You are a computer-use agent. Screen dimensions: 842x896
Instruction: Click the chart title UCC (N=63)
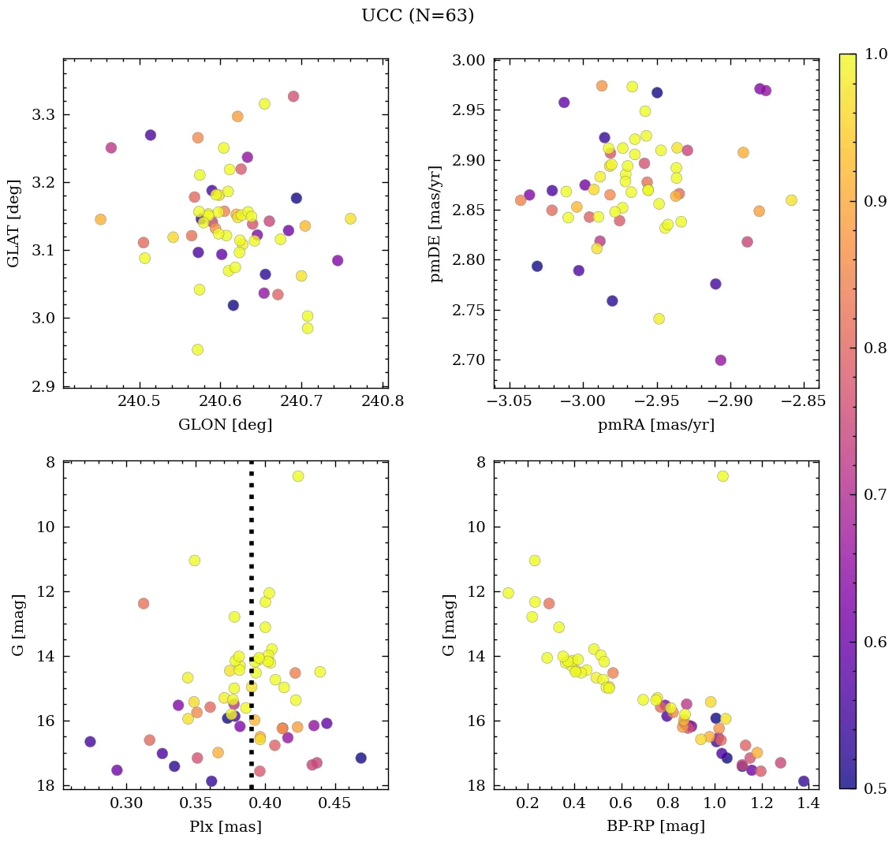coord(417,16)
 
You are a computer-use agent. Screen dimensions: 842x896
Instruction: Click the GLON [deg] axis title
coord(226,425)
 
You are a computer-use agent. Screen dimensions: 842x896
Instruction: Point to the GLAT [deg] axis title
coord(14,223)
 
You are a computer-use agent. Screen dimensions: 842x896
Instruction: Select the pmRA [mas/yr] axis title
coord(656,425)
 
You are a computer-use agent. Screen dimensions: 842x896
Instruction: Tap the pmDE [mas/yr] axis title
coord(435,223)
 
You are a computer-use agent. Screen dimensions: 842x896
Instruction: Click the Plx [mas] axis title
coord(226,826)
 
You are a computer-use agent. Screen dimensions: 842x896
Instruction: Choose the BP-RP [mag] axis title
coord(656,826)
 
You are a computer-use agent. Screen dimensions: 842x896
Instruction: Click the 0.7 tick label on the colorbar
coord(875,494)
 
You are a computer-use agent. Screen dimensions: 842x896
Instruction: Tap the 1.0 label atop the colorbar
coord(875,54)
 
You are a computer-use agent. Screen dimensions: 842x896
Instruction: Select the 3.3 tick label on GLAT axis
coord(43,115)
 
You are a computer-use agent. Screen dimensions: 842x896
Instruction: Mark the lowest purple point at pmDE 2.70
coord(720,360)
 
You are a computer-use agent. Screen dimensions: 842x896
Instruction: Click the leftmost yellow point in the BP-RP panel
coord(508,593)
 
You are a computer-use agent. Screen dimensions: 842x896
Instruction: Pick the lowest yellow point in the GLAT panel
coord(198,349)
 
